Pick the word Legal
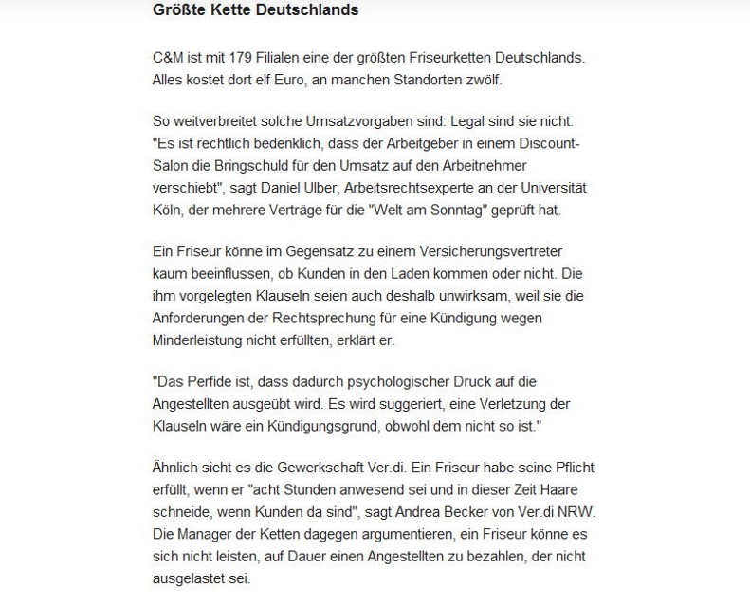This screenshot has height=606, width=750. click(466, 123)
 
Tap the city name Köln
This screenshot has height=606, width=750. click(168, 211)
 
